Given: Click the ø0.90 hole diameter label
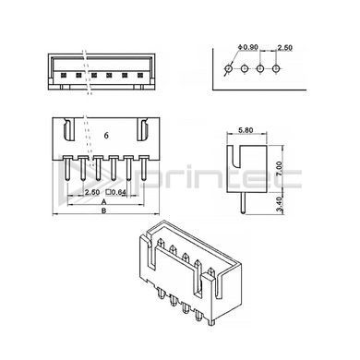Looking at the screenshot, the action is pyautogui.click(x=248, y=47).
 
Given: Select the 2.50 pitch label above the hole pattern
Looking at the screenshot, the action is pyautogui.click(x=284, y=48).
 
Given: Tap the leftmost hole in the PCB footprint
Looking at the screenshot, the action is pyautogui.click(x=228, y=68).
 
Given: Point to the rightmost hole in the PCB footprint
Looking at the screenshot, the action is pyautogui.click(x=276, y=68).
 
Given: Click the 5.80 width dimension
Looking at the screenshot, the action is pyautogui.click(x=246, y=130).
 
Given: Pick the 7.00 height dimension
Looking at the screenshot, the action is pyautogui.click(x=279, y=169).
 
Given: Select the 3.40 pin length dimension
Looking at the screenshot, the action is pyautogui.click(x=279, y=205).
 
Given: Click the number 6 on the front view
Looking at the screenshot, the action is pyautogui.click(x=106, y=136).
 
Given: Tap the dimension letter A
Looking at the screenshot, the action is pyautogui.click(x=104, y=201).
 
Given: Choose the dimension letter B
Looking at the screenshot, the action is pyautogui.click(x=104, y=210).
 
